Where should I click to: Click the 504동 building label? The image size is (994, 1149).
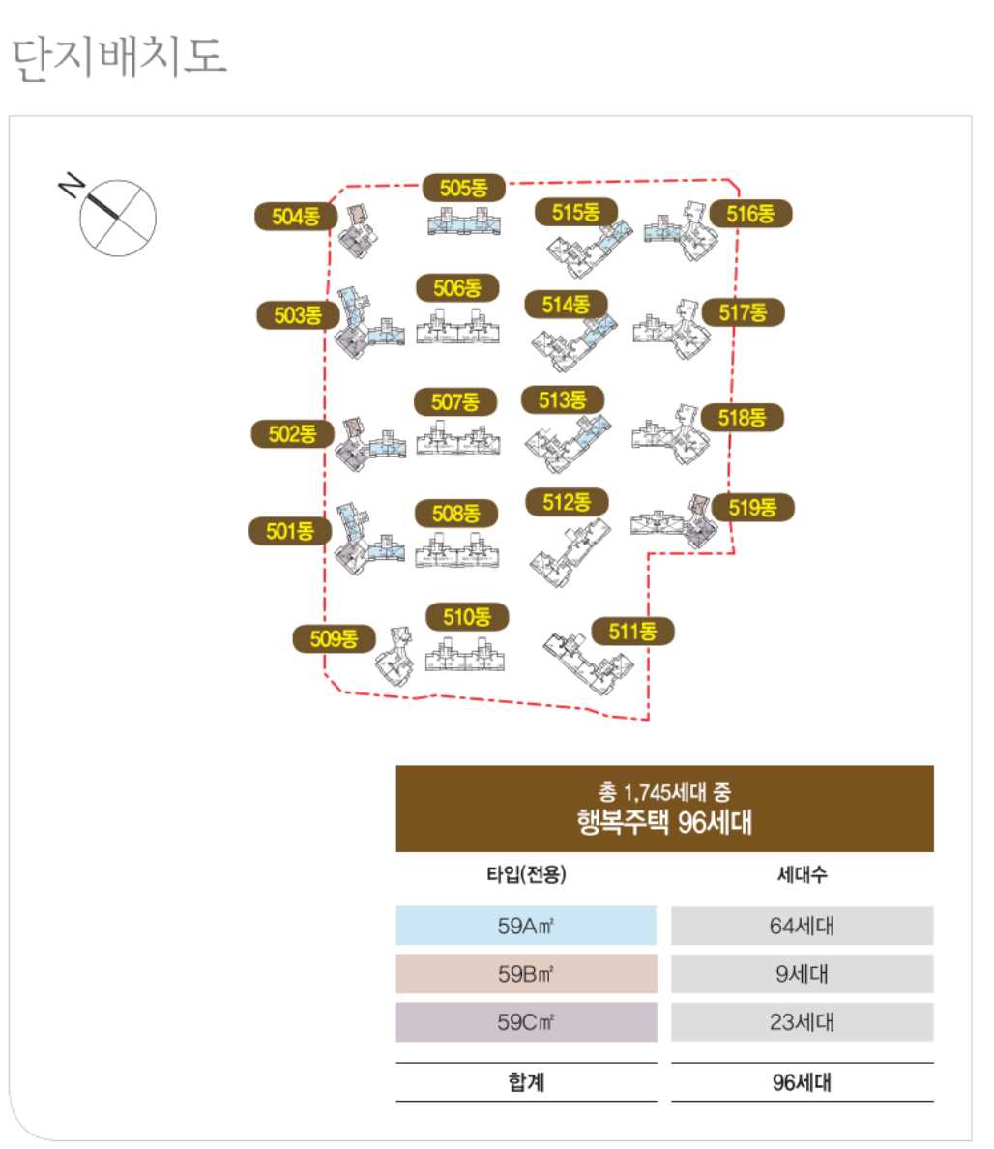[x=295, y=217]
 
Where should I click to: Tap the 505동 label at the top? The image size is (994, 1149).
[x=464, y=188]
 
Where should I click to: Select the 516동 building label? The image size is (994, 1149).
[x=750, y=214]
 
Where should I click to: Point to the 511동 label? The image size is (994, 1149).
[x=632, y=632]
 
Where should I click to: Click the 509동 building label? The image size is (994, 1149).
[x=334, y=638]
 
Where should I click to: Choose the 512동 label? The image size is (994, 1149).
[x=567, y=502]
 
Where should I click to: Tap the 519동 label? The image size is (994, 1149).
[x=752, y=508]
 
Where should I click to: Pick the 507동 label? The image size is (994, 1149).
[x=455, y=401]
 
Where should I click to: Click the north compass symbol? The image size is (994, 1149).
[x=115, y=217]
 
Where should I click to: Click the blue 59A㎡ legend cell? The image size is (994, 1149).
[x=526, y=926]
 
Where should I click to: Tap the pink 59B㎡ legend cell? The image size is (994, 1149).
[x=526, y=974]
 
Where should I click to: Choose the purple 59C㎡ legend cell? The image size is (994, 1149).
[x=526, y=1022]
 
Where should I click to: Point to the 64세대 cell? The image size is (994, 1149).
[x=802, y=926]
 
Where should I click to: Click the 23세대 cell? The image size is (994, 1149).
[x=802, y=1022]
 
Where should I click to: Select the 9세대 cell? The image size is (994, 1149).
[x=802, y=974]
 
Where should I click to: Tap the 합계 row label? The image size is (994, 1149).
[x=526, y=1082]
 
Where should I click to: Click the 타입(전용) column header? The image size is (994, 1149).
[x=526, y=874]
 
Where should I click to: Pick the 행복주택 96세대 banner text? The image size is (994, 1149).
[x=664, y=823]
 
